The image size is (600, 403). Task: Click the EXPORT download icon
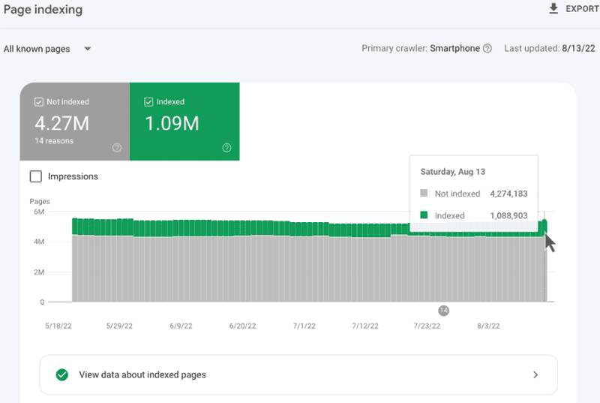553,8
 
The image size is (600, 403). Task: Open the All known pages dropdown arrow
88,49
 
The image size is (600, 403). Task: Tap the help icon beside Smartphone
487,48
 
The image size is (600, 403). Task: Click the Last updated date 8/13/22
578,48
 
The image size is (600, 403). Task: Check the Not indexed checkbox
39,102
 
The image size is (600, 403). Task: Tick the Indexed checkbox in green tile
148,102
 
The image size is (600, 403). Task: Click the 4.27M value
62,123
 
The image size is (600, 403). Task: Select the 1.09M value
172,123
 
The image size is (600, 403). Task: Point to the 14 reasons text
54,141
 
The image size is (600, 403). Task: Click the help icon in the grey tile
117,148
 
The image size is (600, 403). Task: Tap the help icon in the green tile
227,148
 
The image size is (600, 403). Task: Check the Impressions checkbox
35,176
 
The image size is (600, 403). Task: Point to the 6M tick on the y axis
39,212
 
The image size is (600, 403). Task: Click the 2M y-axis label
39,272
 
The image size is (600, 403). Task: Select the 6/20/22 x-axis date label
242,326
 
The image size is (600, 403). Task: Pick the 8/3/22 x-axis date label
488,326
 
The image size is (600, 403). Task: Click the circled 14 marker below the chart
443,311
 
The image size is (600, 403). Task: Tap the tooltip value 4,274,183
508,194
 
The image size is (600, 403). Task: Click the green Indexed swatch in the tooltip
424,215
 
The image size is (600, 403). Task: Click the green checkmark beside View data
62,374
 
